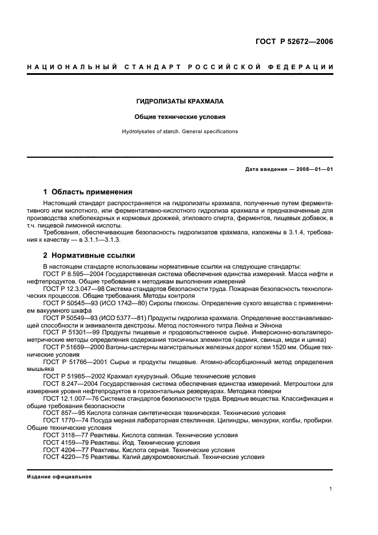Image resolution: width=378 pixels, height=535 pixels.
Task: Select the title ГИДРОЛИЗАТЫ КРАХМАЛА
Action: point(180,101)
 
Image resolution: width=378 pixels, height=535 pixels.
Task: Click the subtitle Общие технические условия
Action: point(180,117)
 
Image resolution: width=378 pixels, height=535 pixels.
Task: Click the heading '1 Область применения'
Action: point(87,192)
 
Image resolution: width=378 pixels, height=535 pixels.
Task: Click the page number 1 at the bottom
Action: point(331,489)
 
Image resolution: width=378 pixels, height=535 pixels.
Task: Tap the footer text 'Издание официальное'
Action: point(59,476)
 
